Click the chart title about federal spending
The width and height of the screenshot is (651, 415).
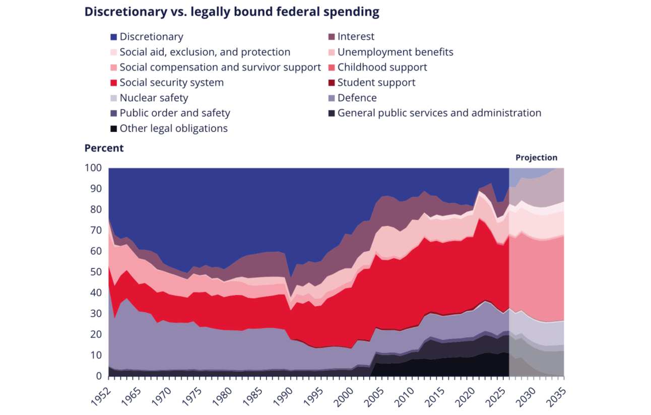[231, 12]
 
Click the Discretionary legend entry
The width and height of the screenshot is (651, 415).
[151, 37]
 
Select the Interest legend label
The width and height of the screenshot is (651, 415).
[356, 37]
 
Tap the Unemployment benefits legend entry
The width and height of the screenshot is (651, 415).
[395, 52]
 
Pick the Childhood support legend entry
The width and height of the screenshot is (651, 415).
[382, 67]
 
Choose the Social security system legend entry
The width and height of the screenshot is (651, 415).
[171, 83]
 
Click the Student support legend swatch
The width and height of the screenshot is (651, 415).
[332, 83]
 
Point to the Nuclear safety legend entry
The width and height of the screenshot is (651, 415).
[154, 98]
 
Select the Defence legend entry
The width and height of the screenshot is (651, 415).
[357, 98]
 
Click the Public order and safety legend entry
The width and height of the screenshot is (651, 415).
[174, 113]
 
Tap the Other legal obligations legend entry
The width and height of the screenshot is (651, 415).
[173, 128]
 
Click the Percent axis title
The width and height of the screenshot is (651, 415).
[104, 148]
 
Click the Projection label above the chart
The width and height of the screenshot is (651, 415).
[536, 158]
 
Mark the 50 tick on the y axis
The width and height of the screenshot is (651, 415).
[96, 272]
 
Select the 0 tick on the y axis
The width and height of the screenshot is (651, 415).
[99, 376]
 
